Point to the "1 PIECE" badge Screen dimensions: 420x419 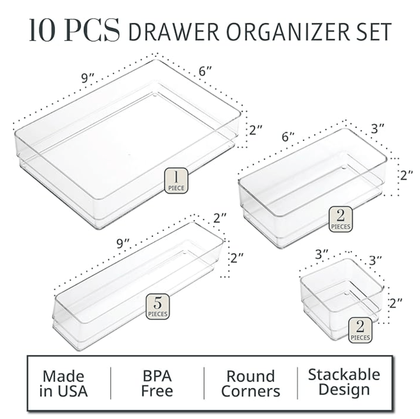pos(176,181)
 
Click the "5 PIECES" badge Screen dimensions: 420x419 pos(158,306)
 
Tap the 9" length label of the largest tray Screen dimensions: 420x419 pos(88,78)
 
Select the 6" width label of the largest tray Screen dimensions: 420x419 pos(205,71)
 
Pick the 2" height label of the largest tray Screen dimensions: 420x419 pos(256,130)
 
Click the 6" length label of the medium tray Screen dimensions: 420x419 pos(288,137)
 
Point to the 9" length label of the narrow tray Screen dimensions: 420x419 pos(123,243)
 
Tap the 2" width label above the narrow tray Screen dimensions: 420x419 pos(220,218)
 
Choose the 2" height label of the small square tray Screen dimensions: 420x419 pos(396,303)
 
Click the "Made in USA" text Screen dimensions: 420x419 pos(63,383)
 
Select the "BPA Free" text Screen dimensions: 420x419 pos(157,383)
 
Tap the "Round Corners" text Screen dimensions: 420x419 pos(250,383)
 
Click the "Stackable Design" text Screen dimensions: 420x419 pos(344,382)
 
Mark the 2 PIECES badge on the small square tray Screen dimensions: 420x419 pos(360,330)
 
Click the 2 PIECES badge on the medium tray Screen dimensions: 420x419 pos(341,219)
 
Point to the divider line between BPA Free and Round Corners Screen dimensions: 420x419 pos(204,383)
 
